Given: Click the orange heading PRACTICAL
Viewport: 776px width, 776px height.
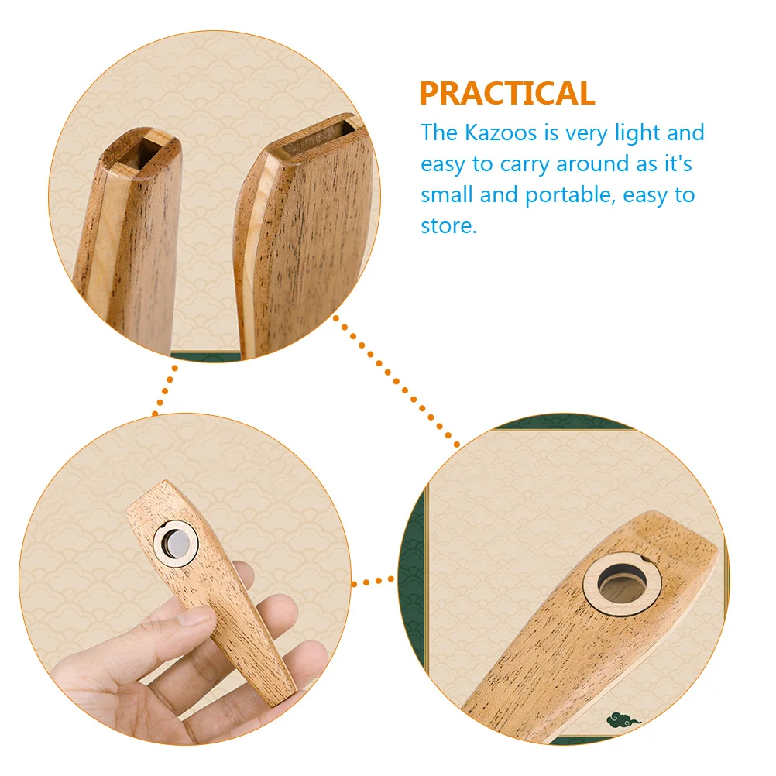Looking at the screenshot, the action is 507,93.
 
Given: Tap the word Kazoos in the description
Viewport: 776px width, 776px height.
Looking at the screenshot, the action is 500,132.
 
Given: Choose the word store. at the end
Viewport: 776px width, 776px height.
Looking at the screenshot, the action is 448,226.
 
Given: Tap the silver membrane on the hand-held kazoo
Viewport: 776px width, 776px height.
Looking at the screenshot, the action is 176,544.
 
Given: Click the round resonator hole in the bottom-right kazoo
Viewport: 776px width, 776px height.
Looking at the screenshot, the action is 622,585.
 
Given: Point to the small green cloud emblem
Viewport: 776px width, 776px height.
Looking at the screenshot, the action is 623,720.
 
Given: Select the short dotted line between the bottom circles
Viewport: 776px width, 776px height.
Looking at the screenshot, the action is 373,582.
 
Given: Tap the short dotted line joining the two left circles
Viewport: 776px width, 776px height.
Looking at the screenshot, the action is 165,391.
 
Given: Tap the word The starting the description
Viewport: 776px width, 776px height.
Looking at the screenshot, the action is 439,132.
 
